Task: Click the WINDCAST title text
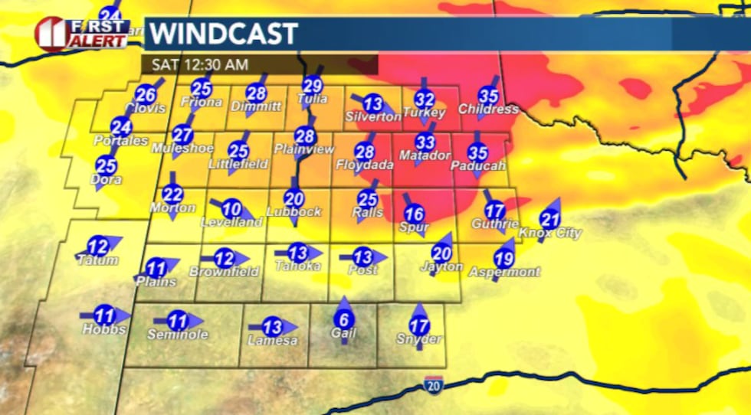223,34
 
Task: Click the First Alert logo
80,34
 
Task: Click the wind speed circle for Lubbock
294,199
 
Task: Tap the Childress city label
488,109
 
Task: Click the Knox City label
550,233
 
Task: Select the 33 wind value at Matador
425,142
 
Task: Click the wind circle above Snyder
419,325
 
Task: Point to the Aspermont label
504,272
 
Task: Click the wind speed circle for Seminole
177,321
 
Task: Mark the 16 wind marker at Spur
414,214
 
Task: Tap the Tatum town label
97,260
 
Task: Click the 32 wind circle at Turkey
425,99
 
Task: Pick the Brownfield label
224,272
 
